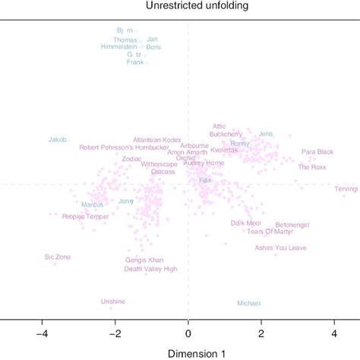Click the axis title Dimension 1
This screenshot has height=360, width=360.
tap(188, 352)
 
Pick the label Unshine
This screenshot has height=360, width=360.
tap(112, 302)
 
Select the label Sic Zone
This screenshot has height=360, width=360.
tap(58, 257)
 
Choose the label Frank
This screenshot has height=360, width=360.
tap(134, 62)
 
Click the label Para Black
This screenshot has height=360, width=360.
tap(317, 152)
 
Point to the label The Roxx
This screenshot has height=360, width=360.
tap(313, 167)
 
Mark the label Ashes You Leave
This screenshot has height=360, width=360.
tap(281, 248)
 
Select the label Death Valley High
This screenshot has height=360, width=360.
tap(150, 269)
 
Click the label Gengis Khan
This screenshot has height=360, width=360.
tap(144, 260)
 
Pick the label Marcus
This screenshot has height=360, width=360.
tap(92, 204)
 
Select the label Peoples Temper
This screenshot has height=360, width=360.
tap(85, 216)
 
